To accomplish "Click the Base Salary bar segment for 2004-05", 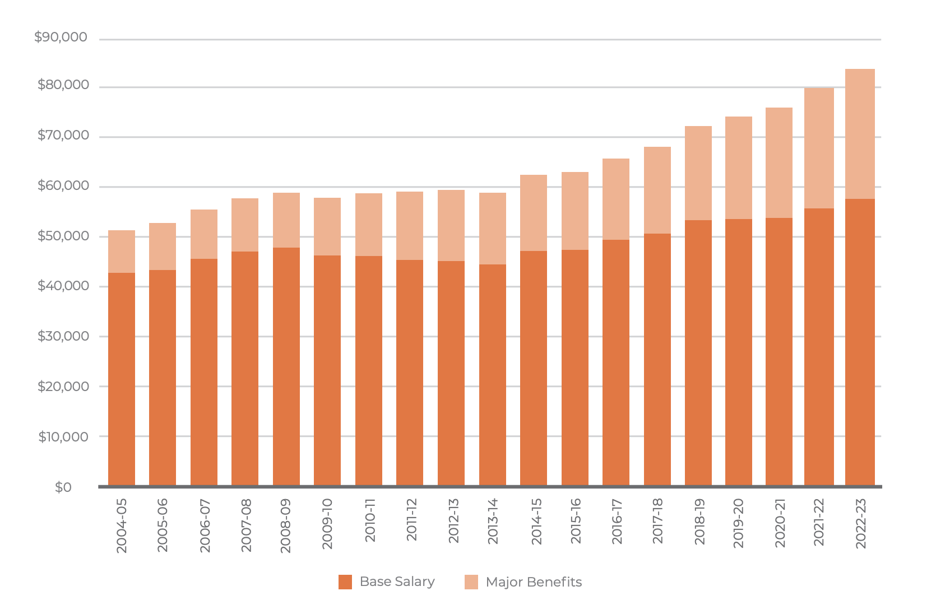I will tap(122, 379).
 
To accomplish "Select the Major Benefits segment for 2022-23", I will tap(860, 134).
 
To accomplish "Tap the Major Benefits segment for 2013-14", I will tap(493, 229).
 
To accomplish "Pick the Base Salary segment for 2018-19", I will tap(698, 352).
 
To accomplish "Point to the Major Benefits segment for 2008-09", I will tap(286, 220).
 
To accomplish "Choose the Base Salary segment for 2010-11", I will tap(369, 370).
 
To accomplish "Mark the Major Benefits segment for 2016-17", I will tap(616, 199).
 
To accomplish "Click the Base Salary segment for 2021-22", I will tap(819, 347).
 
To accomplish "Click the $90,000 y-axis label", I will tap(61, 38).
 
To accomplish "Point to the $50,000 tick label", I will tap(63, 236).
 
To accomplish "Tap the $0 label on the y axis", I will tap(63, 487).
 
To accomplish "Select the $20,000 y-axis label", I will tap(63, 387).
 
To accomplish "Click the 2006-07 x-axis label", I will tap(205, 525).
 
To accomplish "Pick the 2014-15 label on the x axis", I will tap(536, 522).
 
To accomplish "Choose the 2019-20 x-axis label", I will tap(739, 523).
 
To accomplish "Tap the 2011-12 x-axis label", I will tap(412, 520).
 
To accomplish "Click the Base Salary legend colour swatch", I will tap(345, 582).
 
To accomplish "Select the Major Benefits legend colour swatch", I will tap(471, 582).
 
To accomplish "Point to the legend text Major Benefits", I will tap(534, 582).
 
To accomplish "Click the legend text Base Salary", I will tap(397, 582).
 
